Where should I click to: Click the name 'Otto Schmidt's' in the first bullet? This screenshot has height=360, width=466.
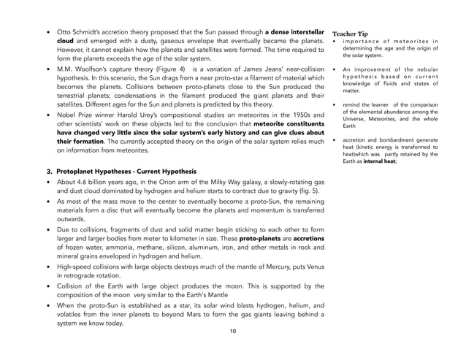[80, 34]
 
